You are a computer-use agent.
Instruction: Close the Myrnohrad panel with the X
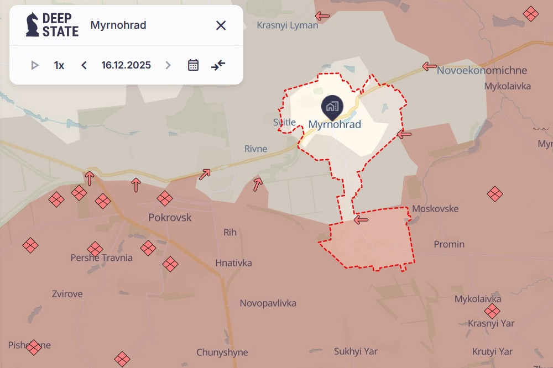(221, 25)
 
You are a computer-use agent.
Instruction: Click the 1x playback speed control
(59, 65)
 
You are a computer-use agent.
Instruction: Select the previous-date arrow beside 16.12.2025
(84, 65)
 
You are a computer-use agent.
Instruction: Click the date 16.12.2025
(126, 65)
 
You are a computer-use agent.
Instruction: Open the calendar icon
(193, 65)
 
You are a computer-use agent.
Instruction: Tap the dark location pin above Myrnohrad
(332, 106)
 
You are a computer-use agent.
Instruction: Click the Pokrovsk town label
(170, 218)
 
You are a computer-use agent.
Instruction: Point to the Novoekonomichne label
(482, 71)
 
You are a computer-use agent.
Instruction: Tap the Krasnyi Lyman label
(288, 25)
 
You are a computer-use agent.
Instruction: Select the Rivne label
(256, 149)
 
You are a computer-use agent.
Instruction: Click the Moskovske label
(436, 209)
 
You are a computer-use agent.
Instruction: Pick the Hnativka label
(233, 263)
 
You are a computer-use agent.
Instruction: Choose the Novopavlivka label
(268, 303)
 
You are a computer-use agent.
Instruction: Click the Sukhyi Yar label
(356, 351)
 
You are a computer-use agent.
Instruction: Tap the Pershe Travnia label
(102, 257)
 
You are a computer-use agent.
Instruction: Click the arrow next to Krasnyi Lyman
(322, 16)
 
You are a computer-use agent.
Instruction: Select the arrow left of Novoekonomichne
(429, 66)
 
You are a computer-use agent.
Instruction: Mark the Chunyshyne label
(222, 353)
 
